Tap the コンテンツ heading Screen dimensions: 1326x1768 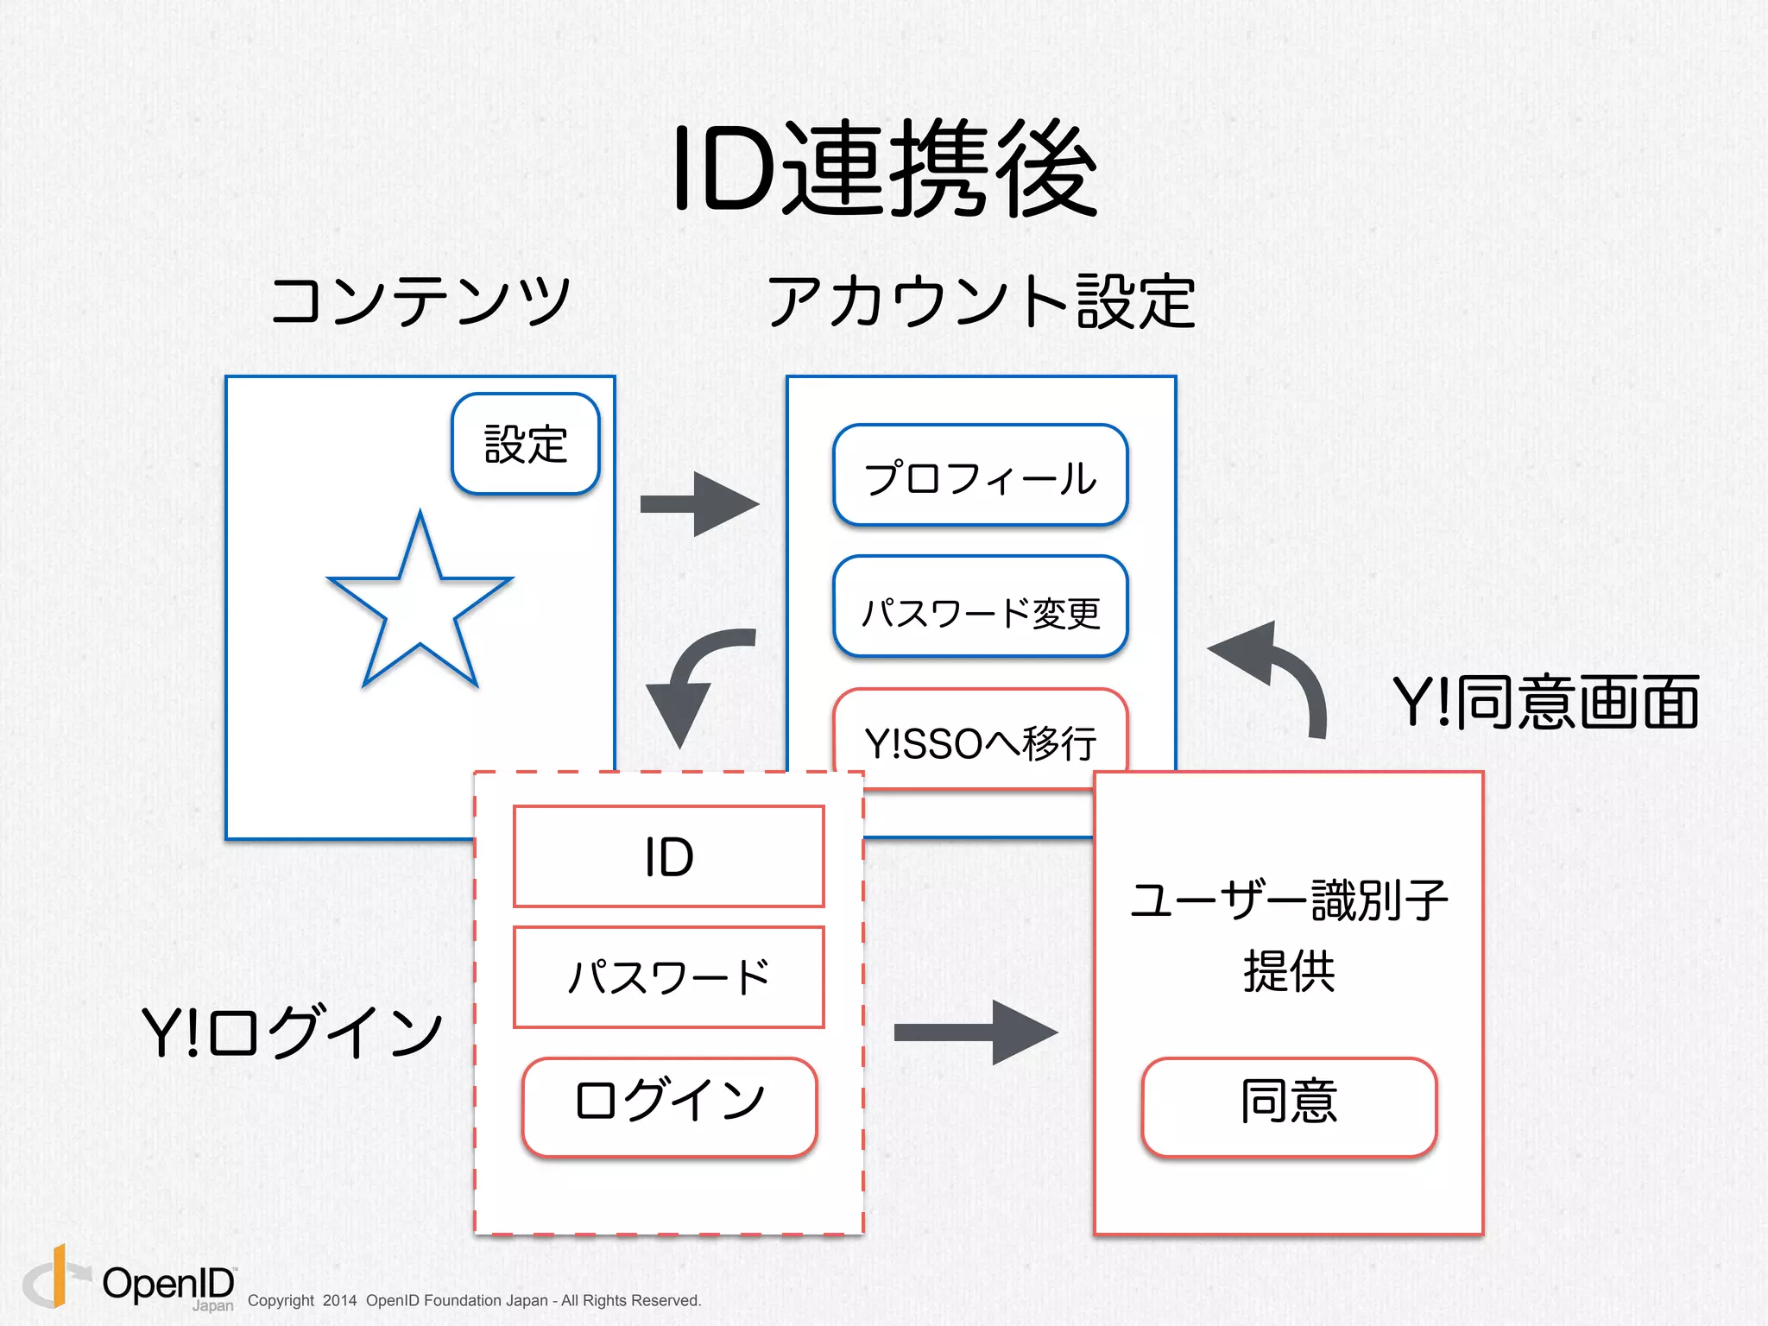click(420, 300)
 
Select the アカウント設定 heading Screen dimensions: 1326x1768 click(981, 300)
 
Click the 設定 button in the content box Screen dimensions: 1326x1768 click(525, 445)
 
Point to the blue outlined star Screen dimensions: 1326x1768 click(420, 604)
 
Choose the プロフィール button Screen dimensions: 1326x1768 click(980, 476)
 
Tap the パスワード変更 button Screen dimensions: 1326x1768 click(980, 608)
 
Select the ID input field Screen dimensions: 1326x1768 click(669, 856)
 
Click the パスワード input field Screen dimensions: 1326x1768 click(669, 977)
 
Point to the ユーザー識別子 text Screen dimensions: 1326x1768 click(1289, 900)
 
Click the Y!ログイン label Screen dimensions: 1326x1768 click(292, 1031)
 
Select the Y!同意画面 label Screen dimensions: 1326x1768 click(1545, 702)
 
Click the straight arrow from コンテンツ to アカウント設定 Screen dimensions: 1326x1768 click(699, 504)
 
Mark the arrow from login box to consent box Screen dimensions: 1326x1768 click(976, 1032)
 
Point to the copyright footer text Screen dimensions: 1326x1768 click(474, 1300)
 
